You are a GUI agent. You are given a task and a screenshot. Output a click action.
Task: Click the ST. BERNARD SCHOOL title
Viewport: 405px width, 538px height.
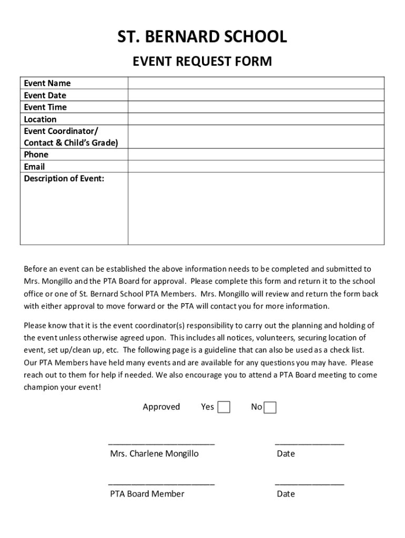[x=202, y=37]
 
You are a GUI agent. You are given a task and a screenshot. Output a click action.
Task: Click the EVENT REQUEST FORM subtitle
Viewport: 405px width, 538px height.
[x=202, y=62]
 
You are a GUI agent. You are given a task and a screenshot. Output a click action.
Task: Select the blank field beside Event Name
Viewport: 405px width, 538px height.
[x=256, y=83]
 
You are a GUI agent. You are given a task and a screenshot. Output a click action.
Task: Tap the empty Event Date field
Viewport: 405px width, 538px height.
[x=256, y=95]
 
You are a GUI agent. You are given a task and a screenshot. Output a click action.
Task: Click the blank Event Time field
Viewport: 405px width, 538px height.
[x=256, y=107]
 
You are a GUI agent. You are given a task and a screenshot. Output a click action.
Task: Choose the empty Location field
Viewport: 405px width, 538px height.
[x=256, y=119]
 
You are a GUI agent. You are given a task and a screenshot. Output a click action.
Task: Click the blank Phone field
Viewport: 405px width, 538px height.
[x=256, y=154]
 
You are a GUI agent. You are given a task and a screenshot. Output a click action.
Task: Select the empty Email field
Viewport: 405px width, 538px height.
[x=256, y=167]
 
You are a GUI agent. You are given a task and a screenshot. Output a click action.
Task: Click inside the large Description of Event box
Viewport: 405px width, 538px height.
[x=256, y=209]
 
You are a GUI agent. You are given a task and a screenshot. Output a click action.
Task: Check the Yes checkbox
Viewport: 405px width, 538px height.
[x=224, y=407]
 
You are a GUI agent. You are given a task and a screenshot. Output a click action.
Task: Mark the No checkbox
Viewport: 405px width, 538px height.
[x=270, y=408]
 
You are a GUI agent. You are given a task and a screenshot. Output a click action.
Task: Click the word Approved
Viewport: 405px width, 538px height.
[x=161, y=407]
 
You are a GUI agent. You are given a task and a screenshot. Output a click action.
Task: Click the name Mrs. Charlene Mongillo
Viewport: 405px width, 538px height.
[x=154, y=453]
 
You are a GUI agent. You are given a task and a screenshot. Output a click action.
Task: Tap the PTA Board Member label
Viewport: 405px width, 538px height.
[x=147, y=494]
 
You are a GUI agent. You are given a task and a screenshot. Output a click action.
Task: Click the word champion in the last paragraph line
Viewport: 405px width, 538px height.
[x=42, y=387]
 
